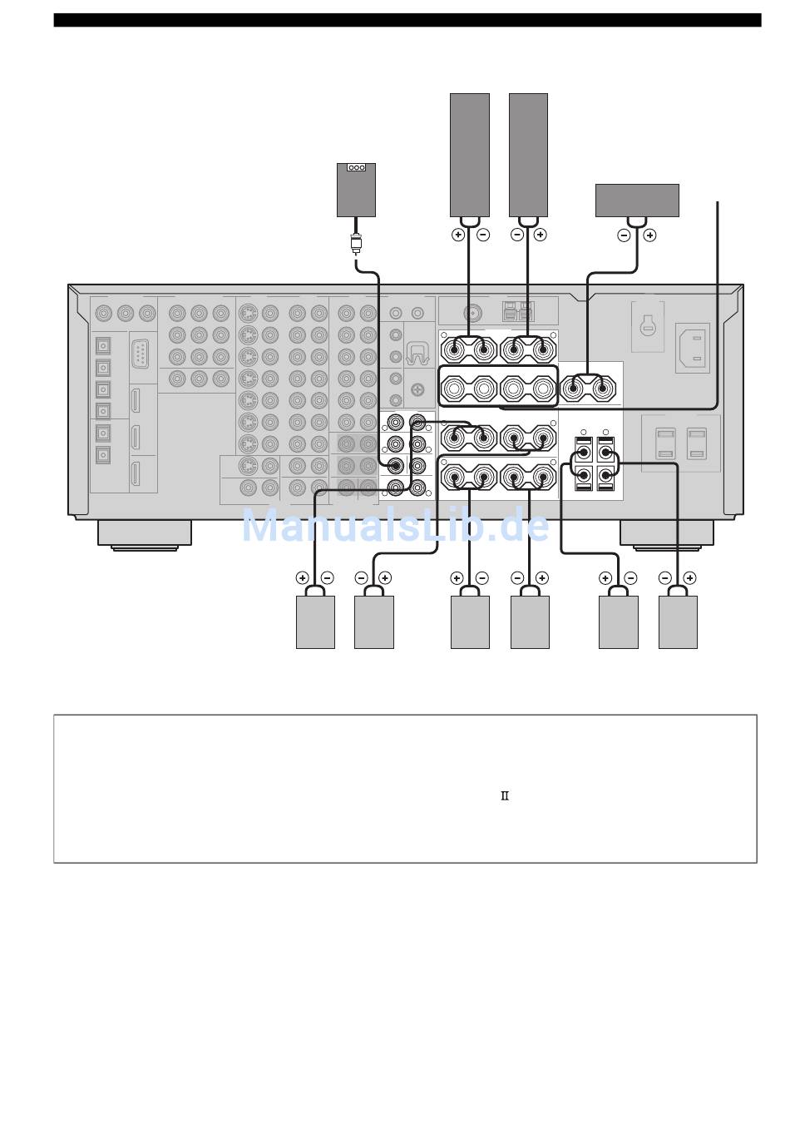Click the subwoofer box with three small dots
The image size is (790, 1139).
pyautogui.click(x=356, y=190)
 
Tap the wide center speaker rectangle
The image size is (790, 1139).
pyautogui.click(x=637, y=201)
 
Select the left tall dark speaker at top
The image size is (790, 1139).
pyautogui.click(x=469, y=155)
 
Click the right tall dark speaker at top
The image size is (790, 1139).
pyautogui.click(x=528, y=155)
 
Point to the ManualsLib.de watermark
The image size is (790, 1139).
pyautogui.click(x=396, y=525)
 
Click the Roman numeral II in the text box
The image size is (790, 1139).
pyautogui.click(x=504, y=795)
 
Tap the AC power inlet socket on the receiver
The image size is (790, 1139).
pyautogui.click(x=693, y=348)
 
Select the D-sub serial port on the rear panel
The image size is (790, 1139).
pyautogui.click(x=140, y=354)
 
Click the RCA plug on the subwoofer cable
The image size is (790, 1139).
pyautogui.click(x=356, y=243)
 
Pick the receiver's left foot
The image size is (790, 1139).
pyautogui.click(x=145, y=534)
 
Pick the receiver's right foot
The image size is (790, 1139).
pyautogui.click(x=666, y=534)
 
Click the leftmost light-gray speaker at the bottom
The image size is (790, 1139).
pyautogui.click(x=315, y=621)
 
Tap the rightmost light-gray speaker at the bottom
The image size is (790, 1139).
pyautogui.click(x=678, y=621)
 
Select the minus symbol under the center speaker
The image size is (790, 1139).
pyautogui.click(x=624, y=235)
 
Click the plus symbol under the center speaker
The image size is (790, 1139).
pyautogui.click(x=649, y=235)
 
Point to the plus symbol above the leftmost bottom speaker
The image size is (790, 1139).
pyautogui.click(x=303, y=577)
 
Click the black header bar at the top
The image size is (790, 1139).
pyautogui.click(x=407, y=20)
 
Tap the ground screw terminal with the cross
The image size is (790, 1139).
pyautogui.click(x=417, y=390)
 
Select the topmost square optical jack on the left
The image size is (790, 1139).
pyautogui.click(x=103, y=346)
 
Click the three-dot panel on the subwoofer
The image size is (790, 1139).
pyautogui.click(x=356, y=167)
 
